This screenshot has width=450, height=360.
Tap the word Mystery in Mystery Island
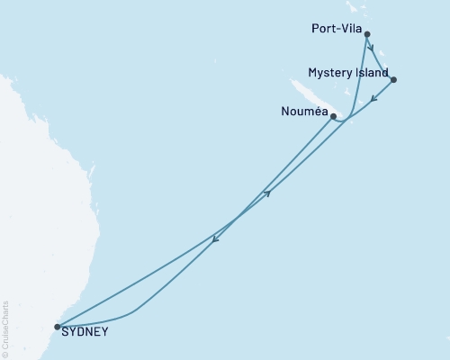tap(329, 72)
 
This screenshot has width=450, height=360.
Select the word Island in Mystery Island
tap(373, 72)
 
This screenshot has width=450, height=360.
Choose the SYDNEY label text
tap(86, 331)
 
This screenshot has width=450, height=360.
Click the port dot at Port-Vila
tap(366, 35)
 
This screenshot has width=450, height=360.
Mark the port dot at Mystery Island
tap(393, 80)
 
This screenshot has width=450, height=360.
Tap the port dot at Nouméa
tap(333, 116)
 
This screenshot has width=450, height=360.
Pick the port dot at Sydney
tap(58, 327)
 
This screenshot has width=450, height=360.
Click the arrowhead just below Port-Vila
tap(370, 49)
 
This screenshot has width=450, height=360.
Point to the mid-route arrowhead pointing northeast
tap(267, 193)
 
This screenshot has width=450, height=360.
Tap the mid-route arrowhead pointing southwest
tap(214, 238)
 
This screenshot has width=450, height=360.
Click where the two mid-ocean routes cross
tap(236, 218)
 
